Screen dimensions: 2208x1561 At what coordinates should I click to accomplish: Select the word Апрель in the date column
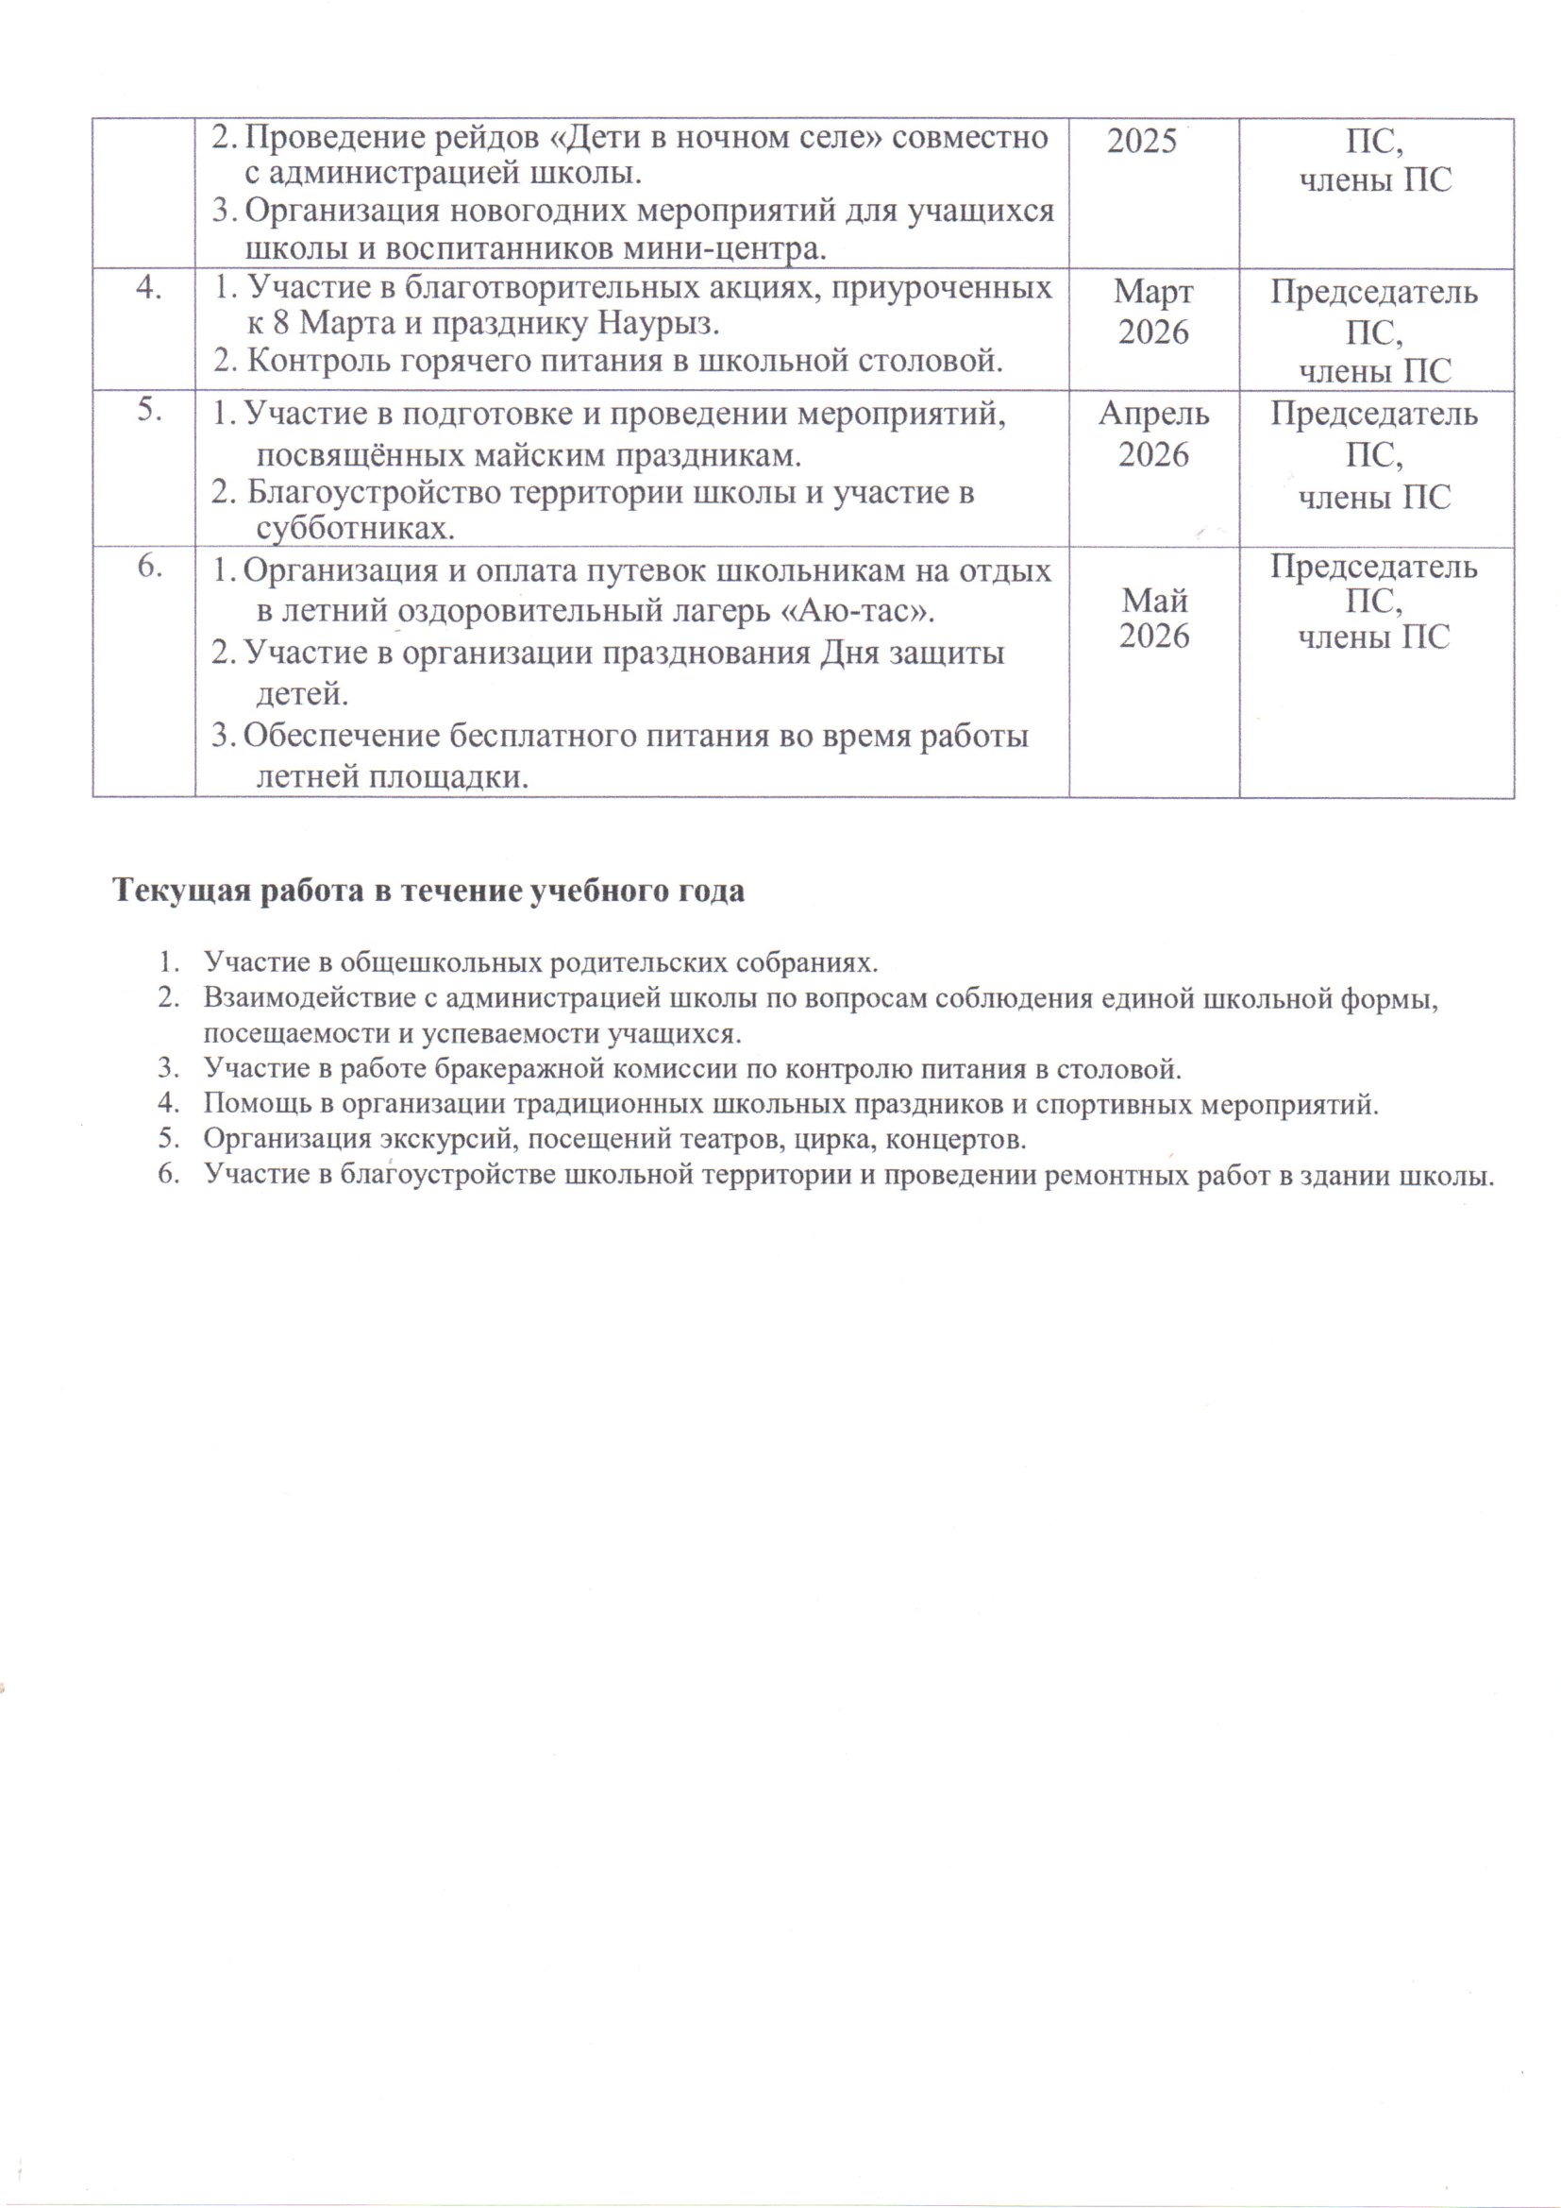tap(1153, 414)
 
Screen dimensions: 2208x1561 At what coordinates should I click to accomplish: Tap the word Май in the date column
tap(1154, 601)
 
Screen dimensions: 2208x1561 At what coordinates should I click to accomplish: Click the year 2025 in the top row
tap(1142, 142)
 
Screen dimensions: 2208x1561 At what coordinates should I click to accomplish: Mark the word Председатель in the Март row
tap(1373, 292)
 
